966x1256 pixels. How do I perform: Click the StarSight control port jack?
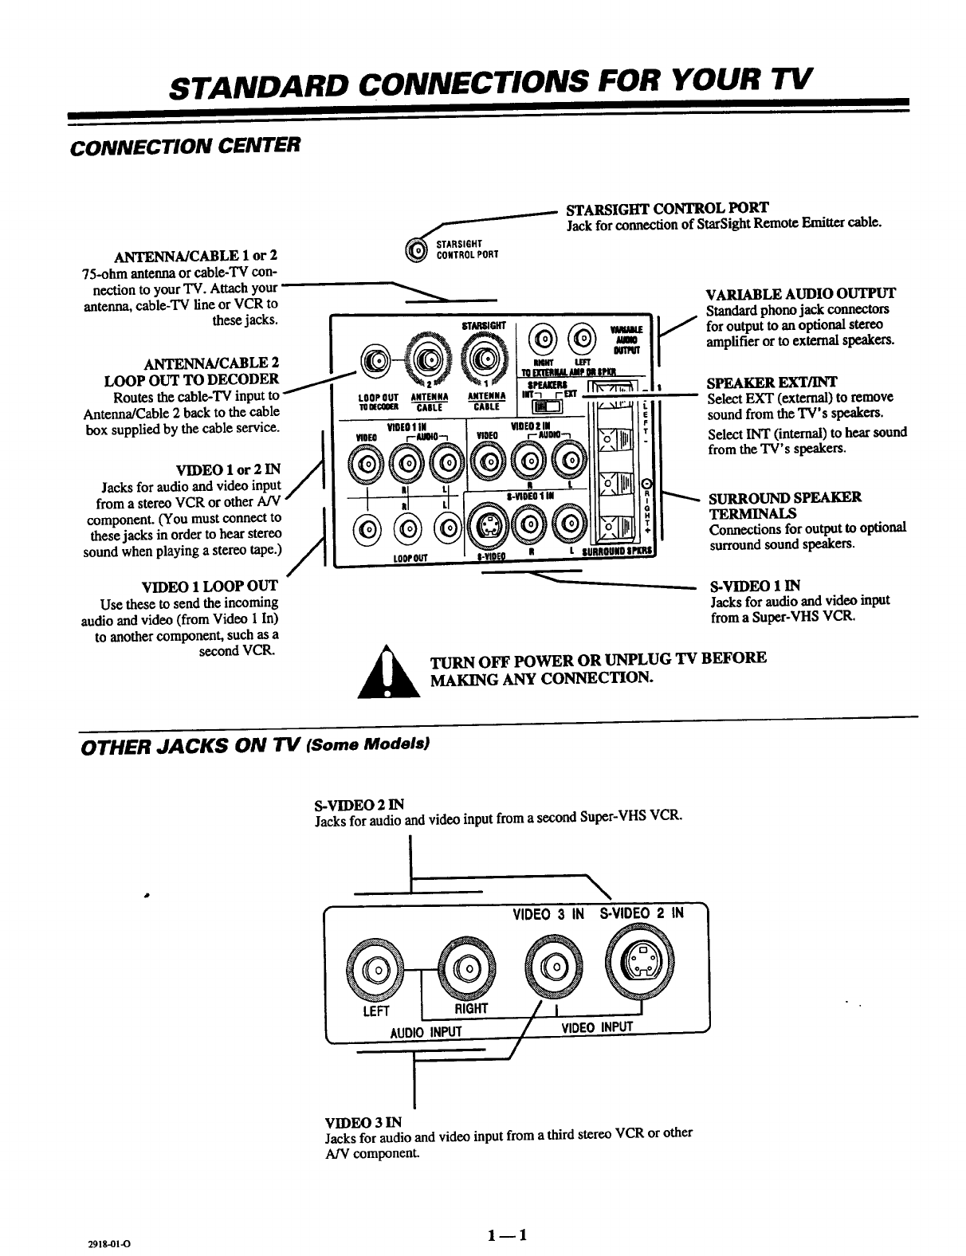coord(417,249)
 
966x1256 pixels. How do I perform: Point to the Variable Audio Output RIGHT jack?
coord(544,338)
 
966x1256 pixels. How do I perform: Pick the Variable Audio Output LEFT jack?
coord(583,338)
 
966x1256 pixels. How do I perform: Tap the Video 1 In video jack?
coord(367,463)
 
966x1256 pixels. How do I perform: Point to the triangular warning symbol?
coord(388,674)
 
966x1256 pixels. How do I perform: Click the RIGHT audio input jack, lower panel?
coord(464,968)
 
